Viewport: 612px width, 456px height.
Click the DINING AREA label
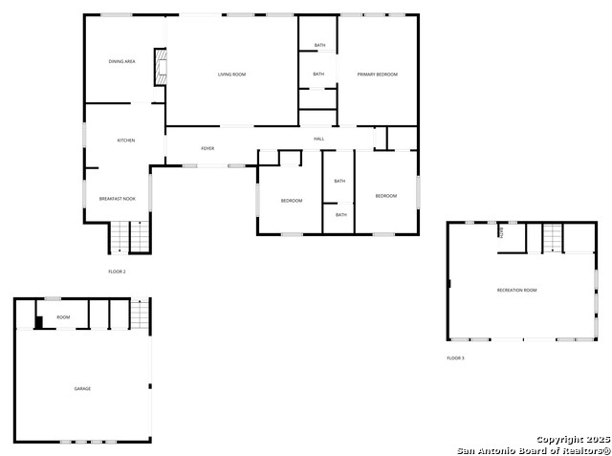coord(121,61)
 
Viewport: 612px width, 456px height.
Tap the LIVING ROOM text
coord(231,74)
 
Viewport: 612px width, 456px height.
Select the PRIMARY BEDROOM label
coord(377,74)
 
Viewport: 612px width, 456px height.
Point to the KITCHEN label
coord(125,141)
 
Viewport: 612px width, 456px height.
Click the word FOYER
coord(207,148)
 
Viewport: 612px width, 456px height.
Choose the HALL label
coord(318,139)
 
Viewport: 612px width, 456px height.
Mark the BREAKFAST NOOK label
coord(117,199)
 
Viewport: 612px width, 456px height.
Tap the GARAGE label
coord(82,388)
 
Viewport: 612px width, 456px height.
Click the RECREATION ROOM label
coord(516,290)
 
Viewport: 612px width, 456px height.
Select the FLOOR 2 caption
coord(117,271)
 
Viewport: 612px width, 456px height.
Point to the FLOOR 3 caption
coord(455,358)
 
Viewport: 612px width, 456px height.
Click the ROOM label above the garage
coord(63,316)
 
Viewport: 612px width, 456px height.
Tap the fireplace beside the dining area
coord(162,67)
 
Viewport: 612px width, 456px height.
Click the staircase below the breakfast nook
coord(130,237)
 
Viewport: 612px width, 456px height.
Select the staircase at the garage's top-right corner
coord(141,315)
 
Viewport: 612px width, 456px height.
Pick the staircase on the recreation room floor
coord(554,238)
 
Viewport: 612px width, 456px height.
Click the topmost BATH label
coord(319,45)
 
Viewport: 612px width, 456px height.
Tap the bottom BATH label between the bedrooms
coord(339,215)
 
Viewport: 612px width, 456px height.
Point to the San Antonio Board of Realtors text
coord(534,449)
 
